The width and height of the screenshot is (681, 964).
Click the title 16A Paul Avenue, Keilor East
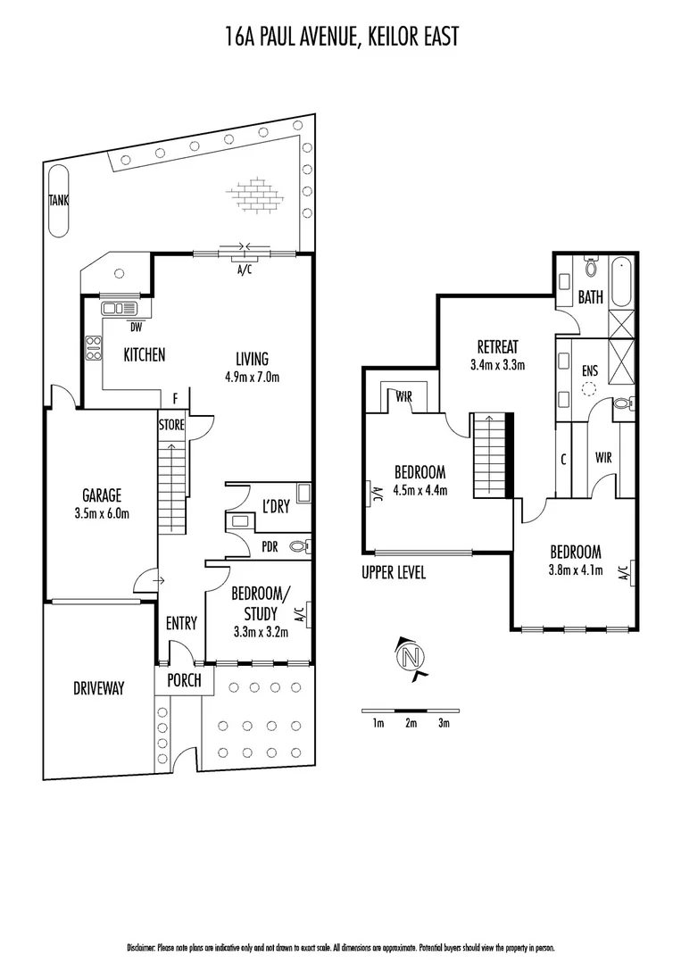[340, 37]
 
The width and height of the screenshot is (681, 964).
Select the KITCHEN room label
[144, 354]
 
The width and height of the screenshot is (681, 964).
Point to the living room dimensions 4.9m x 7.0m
[252, 377]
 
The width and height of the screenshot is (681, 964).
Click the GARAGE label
[102, 495]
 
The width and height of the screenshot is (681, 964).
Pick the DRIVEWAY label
[98, 688]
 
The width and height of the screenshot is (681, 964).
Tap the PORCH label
[185, 681]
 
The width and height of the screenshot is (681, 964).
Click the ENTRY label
[181, 623]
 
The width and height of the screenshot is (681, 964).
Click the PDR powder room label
[271, 546]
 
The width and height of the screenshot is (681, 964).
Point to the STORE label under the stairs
[171, 425]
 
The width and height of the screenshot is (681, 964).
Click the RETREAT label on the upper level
[497, 346]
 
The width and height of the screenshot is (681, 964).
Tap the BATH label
[590, 297]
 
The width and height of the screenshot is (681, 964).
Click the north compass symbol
[410, 659]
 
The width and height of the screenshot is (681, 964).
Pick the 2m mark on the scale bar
[411, 723]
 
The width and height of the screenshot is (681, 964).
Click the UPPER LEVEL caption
[394, 572]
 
